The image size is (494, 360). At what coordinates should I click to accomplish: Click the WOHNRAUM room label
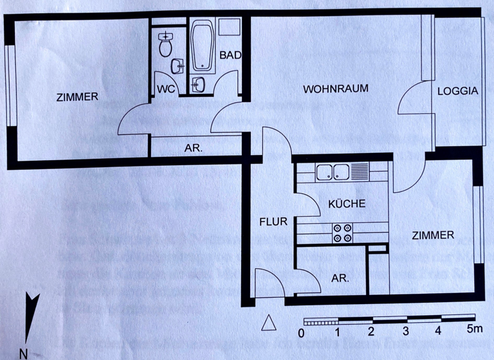[x=336, y=89]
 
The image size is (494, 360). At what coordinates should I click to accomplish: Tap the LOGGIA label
[x=458, y=91]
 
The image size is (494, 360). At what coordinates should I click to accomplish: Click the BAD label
[x=230, y=55]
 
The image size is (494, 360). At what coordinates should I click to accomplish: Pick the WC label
[x=164, y=89]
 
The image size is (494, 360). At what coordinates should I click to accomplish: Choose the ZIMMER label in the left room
[x=77, y=98]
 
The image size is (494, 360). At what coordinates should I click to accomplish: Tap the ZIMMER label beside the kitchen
[x=432, y=236]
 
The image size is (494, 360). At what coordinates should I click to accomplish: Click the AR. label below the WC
[x=193, y=148]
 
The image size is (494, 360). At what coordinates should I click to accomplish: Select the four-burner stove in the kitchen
[x=342, y=233]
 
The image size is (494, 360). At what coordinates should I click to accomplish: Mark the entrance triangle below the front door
[x=269, y=321]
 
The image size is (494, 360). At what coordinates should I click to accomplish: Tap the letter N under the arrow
[x=23, y=352]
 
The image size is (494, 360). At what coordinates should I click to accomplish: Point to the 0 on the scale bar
[x=301, y=333]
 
